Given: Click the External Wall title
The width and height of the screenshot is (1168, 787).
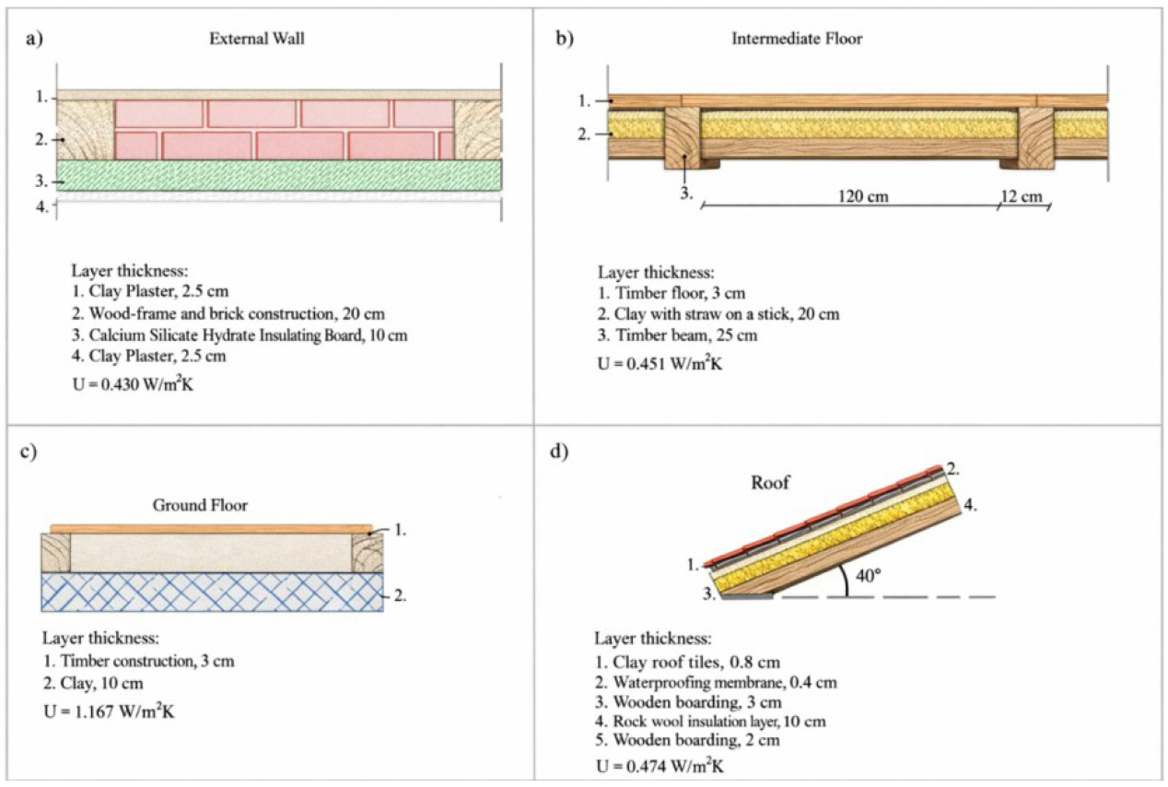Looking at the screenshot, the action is (x=257, y=39).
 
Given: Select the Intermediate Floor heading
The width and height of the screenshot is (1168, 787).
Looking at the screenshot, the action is (x=797, y=39).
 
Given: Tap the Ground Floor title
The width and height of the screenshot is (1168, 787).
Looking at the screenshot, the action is (x=200, y=505).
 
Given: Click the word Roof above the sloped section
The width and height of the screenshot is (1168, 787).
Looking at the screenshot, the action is (x=770, y=482).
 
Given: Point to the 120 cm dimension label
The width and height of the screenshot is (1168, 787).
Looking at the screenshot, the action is (x=863, y=196).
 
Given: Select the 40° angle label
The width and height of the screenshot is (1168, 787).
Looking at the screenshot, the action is (x=869, y=576).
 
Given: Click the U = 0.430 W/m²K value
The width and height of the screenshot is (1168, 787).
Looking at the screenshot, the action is (x=133, y=384).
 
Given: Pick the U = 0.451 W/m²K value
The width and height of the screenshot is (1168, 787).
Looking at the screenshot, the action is (x=660, y=363).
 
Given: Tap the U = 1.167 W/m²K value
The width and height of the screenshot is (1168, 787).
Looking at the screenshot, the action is (x=109, y=711).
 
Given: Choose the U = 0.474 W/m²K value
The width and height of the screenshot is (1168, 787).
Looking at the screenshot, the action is (x=660, y=766).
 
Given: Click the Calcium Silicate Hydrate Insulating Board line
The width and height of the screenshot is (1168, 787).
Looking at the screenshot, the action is (x=239, y=335).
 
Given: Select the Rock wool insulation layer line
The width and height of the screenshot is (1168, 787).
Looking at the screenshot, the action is (x=711, y=722).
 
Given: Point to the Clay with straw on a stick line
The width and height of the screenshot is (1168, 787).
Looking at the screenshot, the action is (x=718, y=314).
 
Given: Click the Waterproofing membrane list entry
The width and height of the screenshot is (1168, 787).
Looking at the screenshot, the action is (x=716, y=682).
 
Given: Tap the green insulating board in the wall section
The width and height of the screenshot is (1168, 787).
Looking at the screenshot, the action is (x=279, y=175).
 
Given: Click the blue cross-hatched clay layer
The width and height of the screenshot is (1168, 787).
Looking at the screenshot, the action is (x=212, y=592).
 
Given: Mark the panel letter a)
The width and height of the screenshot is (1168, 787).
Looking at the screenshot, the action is (x=34, y=39).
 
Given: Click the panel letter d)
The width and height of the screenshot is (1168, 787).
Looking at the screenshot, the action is (x=559, y=452).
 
